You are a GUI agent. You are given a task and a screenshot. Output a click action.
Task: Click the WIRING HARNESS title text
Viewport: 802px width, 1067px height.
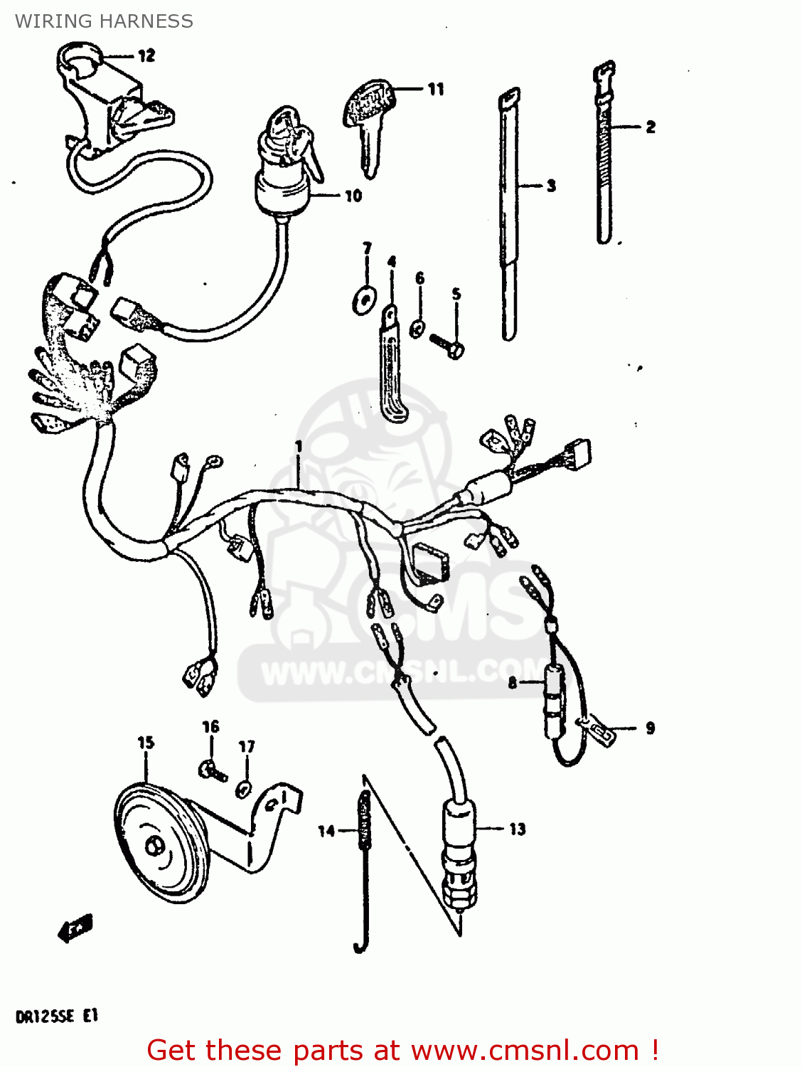pos(104,21)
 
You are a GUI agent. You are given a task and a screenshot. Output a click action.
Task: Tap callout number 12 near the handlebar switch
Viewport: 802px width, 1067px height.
pos(146,55)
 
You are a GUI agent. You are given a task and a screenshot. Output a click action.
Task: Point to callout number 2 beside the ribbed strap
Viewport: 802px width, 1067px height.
pos(650,127)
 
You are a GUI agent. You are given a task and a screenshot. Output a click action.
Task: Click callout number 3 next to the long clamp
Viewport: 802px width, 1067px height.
pos(551,186)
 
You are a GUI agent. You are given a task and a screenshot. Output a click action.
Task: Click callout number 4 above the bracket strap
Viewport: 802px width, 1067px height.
pos(392,262)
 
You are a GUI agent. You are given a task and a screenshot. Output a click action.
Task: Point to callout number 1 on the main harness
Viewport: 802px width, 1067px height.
pos(299,447)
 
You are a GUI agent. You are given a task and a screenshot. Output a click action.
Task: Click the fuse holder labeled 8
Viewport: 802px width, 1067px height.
pos(554,701)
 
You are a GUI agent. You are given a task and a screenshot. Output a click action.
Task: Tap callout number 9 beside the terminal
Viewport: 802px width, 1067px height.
pos(650,728)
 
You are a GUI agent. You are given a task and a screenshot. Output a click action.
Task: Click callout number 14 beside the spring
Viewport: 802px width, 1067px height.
pos(326,830)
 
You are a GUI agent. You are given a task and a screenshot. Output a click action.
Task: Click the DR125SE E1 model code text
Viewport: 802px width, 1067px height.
pos(56,1016)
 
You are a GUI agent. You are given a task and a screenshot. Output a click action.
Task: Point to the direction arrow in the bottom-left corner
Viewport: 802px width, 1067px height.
pos(75,928)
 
